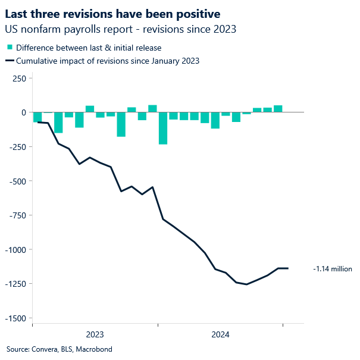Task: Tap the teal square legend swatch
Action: click(10, 48)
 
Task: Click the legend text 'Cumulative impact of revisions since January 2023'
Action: click(108, 60)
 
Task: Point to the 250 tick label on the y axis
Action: click(19, 78)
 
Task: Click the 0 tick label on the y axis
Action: click(23, 112)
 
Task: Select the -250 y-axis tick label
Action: click(17, 147)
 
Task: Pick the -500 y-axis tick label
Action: click(17, 181)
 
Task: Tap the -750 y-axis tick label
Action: click(17, 215)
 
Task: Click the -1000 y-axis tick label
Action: click(15, 250)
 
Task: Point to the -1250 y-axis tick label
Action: click(15, 284)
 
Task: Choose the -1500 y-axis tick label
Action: click(15, 318)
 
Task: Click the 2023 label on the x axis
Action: click(95, 334)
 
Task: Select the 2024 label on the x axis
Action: click(221, 334)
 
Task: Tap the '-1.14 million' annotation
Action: click(333, 269)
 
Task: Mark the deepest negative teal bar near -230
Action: click(163, 128)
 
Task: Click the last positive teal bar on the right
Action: click(278, 109)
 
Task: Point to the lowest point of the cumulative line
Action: click(246, 284)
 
